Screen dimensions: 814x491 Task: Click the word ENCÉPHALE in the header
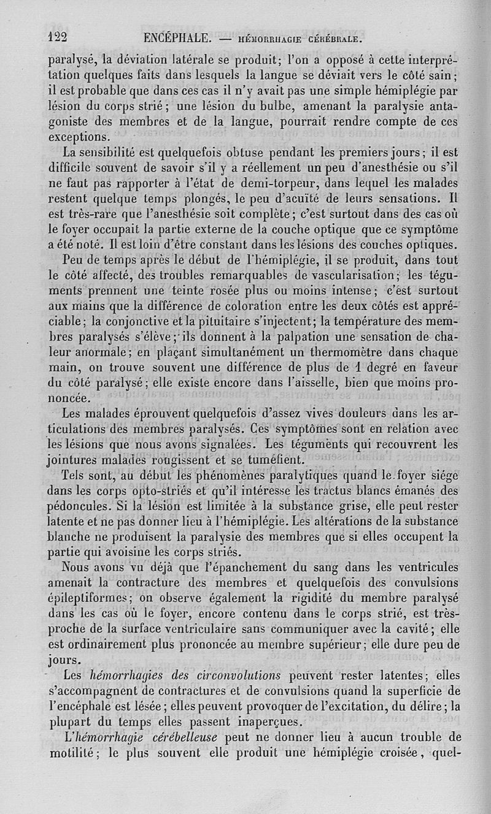click(178, 38)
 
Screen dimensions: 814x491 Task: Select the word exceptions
click(79, 136)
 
